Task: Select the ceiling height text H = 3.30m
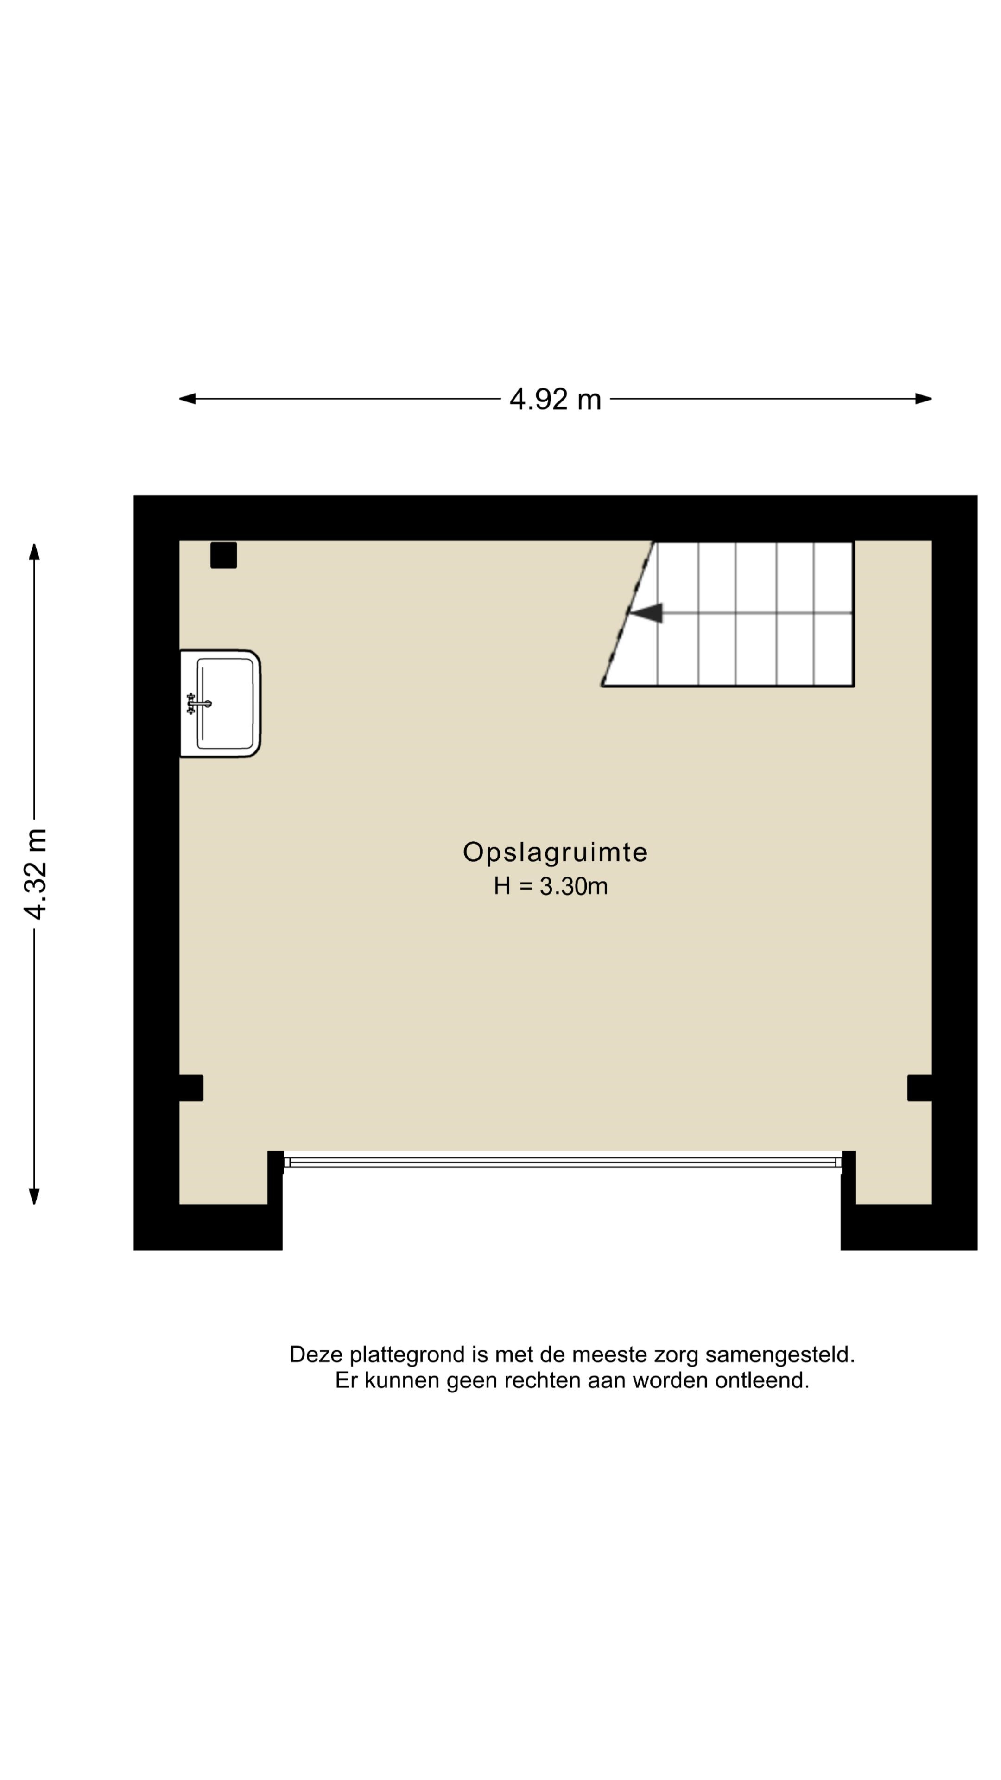tap(551, 886)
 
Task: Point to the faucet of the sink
tap(198, 704)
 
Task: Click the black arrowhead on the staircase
tap(646, 613)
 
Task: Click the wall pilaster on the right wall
tap(919, 1087)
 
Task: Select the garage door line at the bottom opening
tap(562, 1162)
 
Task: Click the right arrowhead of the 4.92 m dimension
tap(924, 399)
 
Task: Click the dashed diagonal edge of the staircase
tap(628, 614)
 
